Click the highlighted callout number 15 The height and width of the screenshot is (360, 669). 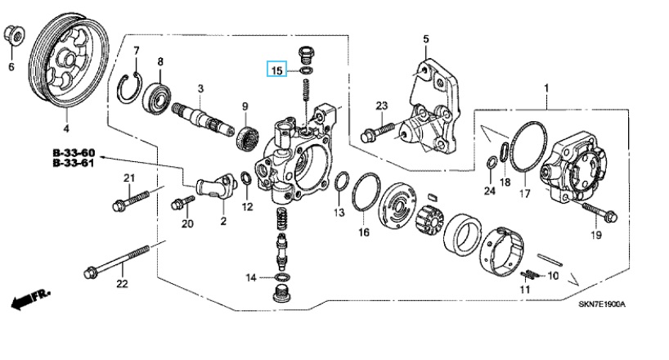tap(277, 70)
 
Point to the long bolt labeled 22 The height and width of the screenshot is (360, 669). tap(116, 260)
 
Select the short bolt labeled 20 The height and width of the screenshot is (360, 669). tap(182, 202)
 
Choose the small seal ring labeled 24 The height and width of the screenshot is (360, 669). tap(491, 163)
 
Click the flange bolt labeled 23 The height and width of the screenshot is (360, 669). tap(379, 131)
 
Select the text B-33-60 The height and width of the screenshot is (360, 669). tap(74, 152)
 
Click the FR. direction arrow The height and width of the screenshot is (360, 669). tap(31, 299)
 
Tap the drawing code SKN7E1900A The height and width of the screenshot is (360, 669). tap(602, 304)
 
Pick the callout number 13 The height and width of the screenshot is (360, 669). tap(339, 212)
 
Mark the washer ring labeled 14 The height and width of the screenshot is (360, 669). tap(281, 277)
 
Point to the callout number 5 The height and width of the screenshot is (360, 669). tap(426, 39)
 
